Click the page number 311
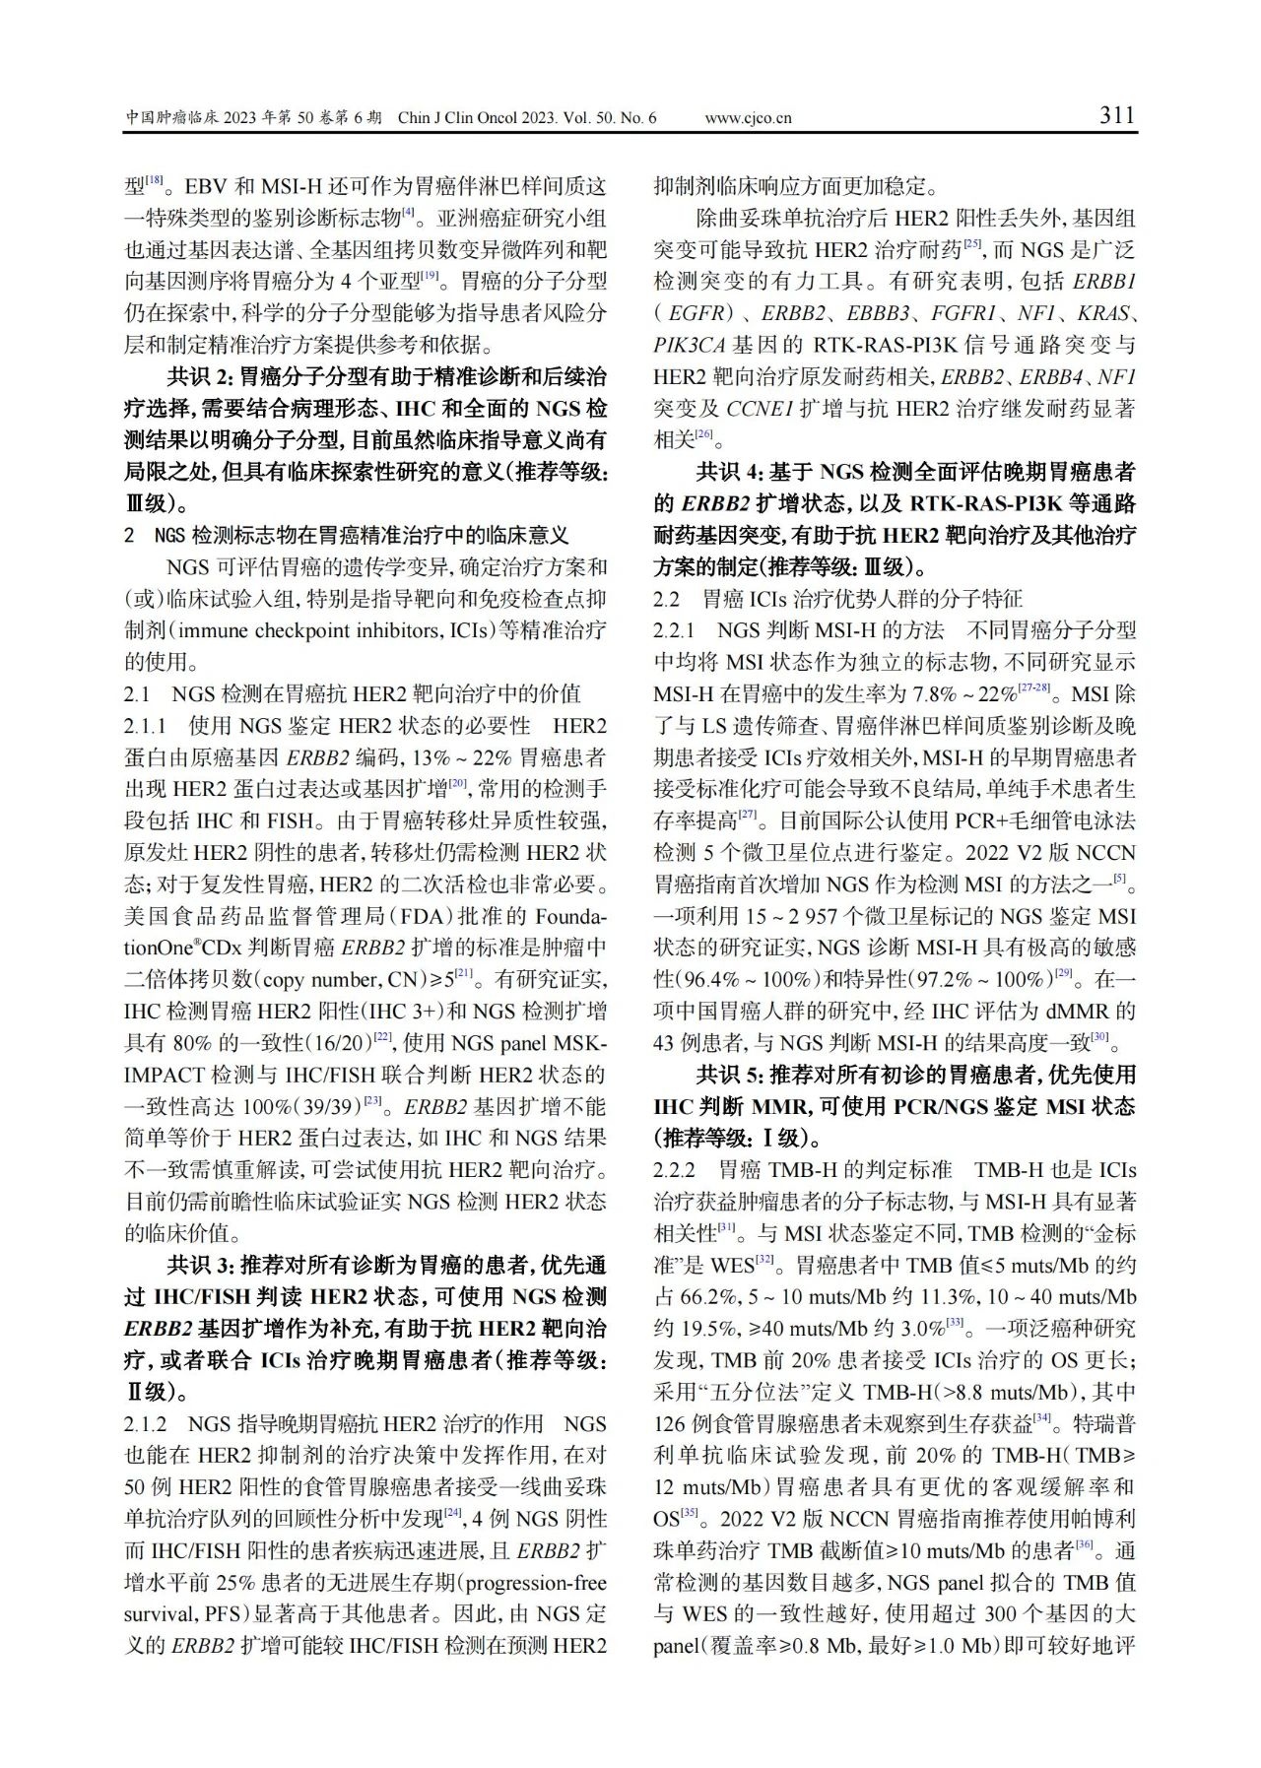click(1117, 116)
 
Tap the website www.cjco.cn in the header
click(748, 118)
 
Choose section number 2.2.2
click(676, 1170)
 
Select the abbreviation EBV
click(208, 186)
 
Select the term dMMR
click(1078, 1011)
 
